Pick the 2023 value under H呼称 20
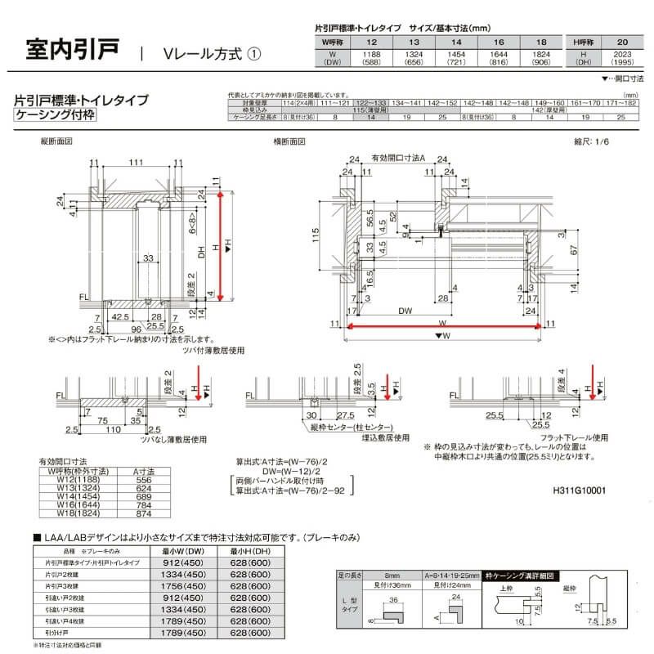(x=624, y=52)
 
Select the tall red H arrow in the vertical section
(x=221, y=245)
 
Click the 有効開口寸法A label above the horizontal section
(x=398, y=157)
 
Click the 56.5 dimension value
(x=370, y=222)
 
